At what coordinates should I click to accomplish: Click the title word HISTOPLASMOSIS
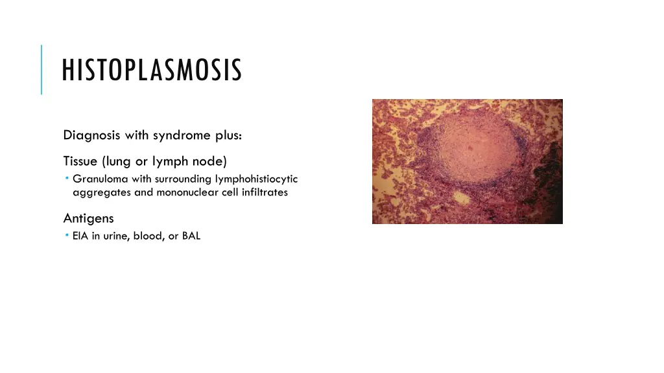152,71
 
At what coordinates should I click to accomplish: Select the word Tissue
80,161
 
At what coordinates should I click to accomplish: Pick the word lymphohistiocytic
256,179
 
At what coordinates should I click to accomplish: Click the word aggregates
102,192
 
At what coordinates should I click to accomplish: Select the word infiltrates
265,192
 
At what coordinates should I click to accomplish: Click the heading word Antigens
88,218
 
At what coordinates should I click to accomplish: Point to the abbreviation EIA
80,236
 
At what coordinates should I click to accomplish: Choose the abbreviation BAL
191,236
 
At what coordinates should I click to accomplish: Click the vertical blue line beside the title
41,69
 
